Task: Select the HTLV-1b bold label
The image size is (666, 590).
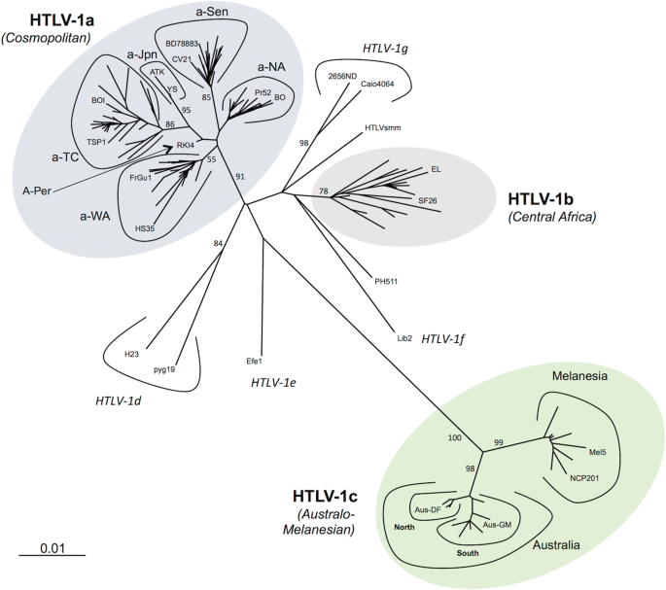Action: [x=546, y=198]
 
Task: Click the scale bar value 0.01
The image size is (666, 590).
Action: [x=52, y=548]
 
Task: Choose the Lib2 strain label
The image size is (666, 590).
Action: [x=404, y=338]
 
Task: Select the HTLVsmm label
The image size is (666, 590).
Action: [x=383, y=128]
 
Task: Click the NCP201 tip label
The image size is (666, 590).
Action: [x=588, y=477]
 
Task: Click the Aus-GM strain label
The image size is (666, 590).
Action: [x=497, y=525]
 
